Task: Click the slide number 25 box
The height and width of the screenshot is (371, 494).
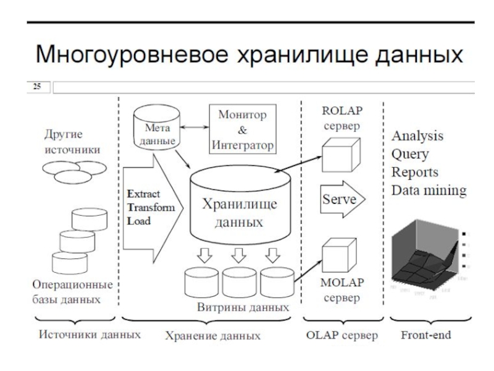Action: [x=37, y=87]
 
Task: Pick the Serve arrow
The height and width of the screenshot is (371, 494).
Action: [x=342, y=199]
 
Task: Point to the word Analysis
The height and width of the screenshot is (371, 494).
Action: [x=417, y=135]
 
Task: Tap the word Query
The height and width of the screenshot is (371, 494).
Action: [x=411, y=153]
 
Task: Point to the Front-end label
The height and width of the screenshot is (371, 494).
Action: [x=425, y=335]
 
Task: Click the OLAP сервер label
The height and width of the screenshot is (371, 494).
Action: [x=342, y=336]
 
